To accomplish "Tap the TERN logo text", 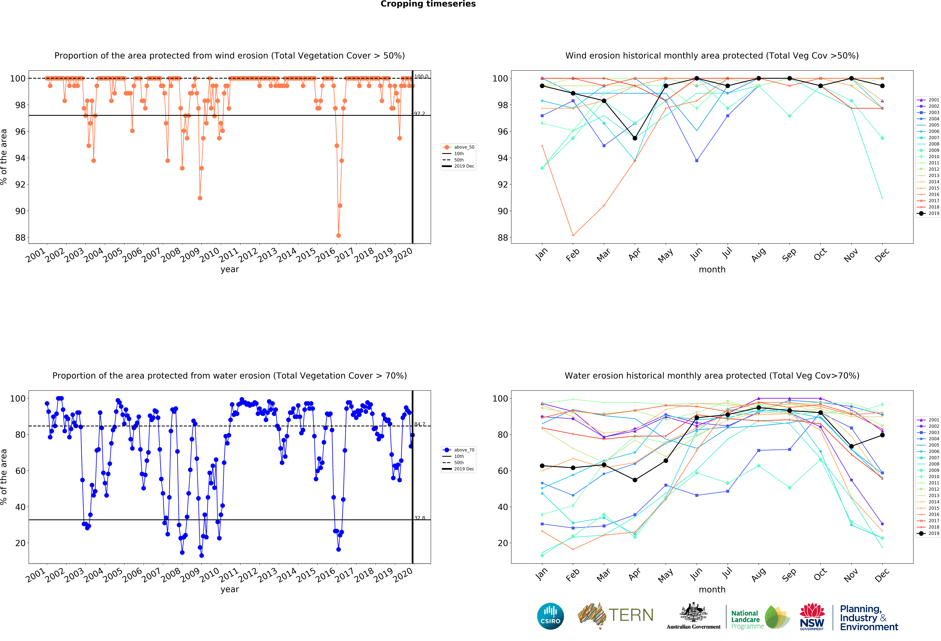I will (x=631, y=615).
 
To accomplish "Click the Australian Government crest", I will (x=694, y=613).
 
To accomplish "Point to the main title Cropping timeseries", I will (x=428, y=4).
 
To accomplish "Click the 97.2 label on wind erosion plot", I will (x=419, y=114).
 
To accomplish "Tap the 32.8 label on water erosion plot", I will (x=419, y=518).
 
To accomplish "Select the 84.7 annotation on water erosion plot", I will (x=419, y=424).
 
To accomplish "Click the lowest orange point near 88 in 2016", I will (x=339, y=235).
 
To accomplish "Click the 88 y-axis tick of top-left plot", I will (x=20, y=238).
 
